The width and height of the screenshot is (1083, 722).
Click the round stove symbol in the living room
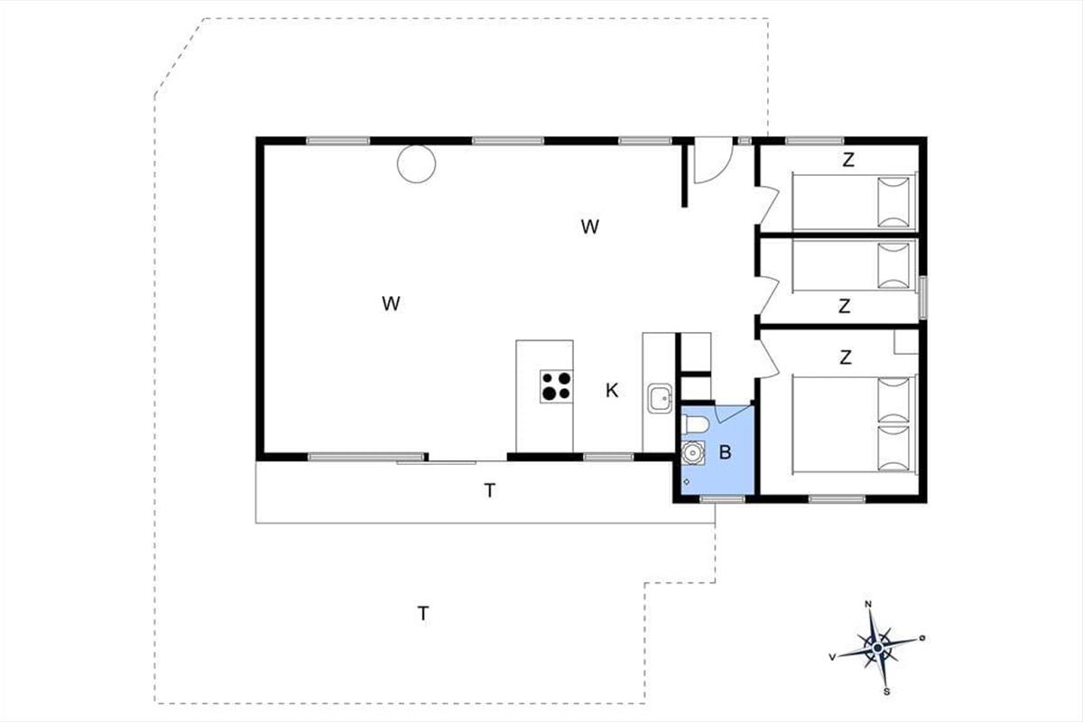[x=416, y=164]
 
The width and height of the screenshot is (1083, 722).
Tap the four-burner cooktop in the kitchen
[x=557, y=386]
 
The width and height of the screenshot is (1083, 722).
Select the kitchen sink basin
[x=660, y=399]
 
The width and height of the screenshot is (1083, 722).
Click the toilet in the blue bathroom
[x=694, y=424]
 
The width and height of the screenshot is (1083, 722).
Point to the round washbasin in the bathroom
[x=692, y=453]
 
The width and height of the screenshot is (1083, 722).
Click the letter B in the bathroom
[x=725, y=452]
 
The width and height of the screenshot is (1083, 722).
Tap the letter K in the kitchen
[x=612, y=390]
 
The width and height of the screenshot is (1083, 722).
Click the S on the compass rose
[x=886, y=691]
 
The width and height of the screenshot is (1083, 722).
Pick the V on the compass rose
[x=832, y=657]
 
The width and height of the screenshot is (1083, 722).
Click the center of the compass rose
[x=877, y=647]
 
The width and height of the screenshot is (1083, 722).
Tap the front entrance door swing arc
[x=721, y=171]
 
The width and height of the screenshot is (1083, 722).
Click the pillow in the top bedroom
[x=893, y=202]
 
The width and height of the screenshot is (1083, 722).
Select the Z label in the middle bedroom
[x=844, y=306]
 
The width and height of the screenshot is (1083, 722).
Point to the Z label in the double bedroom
[x=845, y=357]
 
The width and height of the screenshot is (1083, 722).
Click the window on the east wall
[x=922, y=298]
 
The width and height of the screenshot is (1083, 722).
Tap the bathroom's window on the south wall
[x=722, y=499]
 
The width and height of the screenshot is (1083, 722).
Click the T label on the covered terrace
[x=490, y=491]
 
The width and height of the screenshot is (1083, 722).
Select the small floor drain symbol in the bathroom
[x=687, y=482]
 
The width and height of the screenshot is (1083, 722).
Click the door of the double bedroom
[x=769, y=358]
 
